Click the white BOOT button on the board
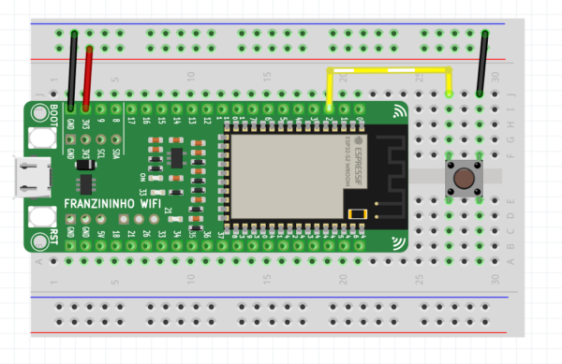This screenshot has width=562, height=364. click(41, 138)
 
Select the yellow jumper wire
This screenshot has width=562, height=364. click(389, 70)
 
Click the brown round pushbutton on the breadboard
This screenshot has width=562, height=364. click(462, 176)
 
